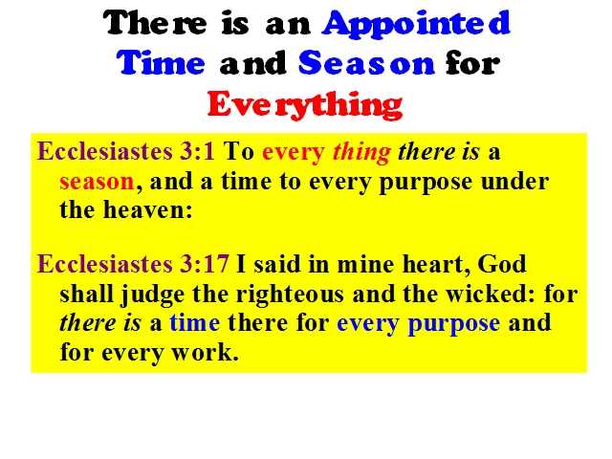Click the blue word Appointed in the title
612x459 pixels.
click(x=416, y=24)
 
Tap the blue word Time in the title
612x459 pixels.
click(x=161, y=62)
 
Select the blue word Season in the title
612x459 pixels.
click(x=366, y=62)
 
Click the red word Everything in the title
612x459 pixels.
click(x=305, y=104)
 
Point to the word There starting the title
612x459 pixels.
click(x=155, y=23)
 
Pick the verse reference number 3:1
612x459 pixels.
click(x=197, y=151)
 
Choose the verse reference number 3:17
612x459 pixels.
click(x=204, y=264)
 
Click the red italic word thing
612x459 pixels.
click(x=361, y=153)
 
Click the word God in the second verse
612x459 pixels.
click(x=501, y=264)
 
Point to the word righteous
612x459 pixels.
click(x=290, y=295)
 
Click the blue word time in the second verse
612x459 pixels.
click(x=195, y=323)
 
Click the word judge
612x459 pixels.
click(x=153, y=295)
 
